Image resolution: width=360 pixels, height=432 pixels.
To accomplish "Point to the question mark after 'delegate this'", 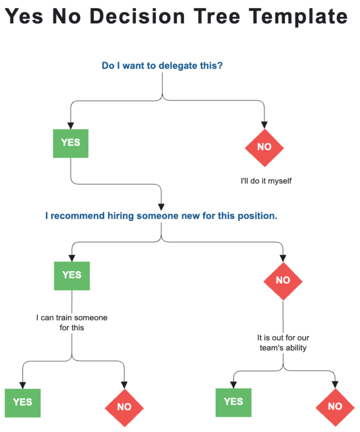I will click(x=220, y=66).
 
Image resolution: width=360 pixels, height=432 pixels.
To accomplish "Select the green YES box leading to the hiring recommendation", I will click(x=70, y=143).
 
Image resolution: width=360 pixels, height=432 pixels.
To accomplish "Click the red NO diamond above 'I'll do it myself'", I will click(x=264, y=147).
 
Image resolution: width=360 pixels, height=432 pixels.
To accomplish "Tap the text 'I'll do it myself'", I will click(x=266, y=181).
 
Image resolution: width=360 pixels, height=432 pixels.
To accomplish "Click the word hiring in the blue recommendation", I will click(x=121, y=216).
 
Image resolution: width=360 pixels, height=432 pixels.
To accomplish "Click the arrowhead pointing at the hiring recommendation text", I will click(x=161, y=207).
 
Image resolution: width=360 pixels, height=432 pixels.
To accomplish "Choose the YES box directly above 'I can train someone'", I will click(x=72, y=276).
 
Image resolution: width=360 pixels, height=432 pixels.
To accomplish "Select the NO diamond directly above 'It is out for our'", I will click(x=283, y=280).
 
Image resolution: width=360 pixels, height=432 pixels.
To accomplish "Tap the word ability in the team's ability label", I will click(x=296, y=348).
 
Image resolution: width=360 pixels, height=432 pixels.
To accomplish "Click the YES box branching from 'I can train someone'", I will click(x=22, y=403).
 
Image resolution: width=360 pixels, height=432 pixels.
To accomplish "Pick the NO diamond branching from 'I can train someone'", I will click(x=124, y=407).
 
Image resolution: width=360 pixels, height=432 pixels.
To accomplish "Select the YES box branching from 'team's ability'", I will click(x=233, y=402).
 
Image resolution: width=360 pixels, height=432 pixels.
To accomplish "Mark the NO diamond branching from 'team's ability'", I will click(x=335, y=407).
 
